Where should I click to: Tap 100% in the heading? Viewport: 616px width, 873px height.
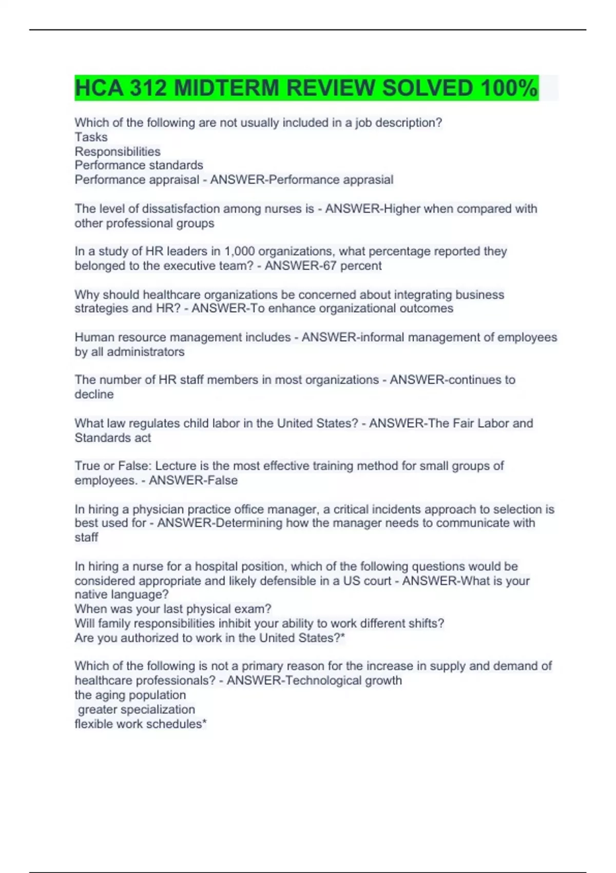[x=509, y=88]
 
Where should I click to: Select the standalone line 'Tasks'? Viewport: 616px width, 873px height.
[x=91, y=137]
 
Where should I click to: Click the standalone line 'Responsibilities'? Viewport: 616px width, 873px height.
[x=118, y=151]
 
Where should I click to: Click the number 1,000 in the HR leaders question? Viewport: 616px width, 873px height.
[x=240, y=252]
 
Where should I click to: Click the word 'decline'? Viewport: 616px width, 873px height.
[x=94, y=394]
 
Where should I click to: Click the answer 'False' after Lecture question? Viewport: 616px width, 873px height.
[x=223, y=481]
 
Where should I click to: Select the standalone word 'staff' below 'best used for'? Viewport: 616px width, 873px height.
[x=86, y=538]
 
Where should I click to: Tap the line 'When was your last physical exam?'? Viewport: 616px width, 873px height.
[x=173, y=609]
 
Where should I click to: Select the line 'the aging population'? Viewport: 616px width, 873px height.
[x=130, y=695]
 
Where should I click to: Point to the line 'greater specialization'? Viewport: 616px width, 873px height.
[x=137, y=710]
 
